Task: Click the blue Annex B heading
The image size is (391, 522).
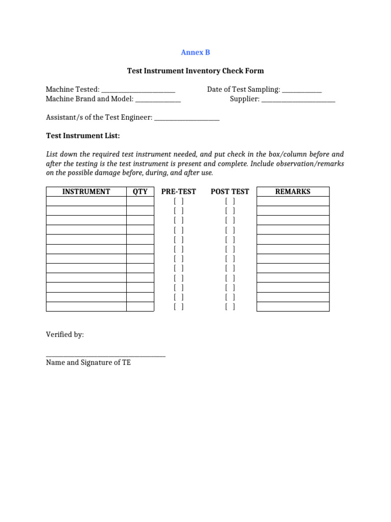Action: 195,53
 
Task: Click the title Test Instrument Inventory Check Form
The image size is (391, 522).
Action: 195,71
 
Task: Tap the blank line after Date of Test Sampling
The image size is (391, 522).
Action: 302,90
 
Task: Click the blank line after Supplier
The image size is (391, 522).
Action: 298,99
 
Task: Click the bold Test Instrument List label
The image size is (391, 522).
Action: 83,136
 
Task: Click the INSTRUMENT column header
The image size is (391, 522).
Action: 86,192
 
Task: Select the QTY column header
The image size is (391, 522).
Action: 140,192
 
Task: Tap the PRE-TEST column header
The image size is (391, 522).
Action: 179,192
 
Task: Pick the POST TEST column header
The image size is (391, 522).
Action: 230,192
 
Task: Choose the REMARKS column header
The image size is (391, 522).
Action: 293,192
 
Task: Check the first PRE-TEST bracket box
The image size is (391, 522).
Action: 179,201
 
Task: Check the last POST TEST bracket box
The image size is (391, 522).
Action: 230,307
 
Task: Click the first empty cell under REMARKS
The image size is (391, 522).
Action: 293,201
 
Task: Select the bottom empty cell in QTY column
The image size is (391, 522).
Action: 140,307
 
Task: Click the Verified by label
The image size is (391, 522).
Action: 65,335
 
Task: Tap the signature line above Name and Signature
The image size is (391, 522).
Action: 106,356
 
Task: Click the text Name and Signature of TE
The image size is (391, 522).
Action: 89,363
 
